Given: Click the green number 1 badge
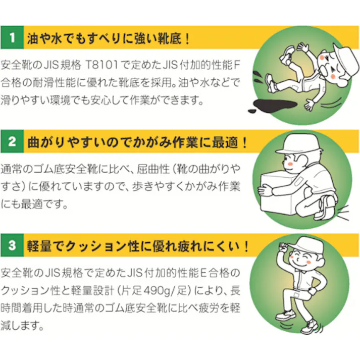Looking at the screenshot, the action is (x=12, y=37).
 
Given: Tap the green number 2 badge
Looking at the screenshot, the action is (x=12, y=141).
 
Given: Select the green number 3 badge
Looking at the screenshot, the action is (x=12, y=245).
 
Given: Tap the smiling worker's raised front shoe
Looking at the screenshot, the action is (x=285, y=315).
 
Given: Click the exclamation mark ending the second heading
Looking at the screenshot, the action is (x=245, y=142).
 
